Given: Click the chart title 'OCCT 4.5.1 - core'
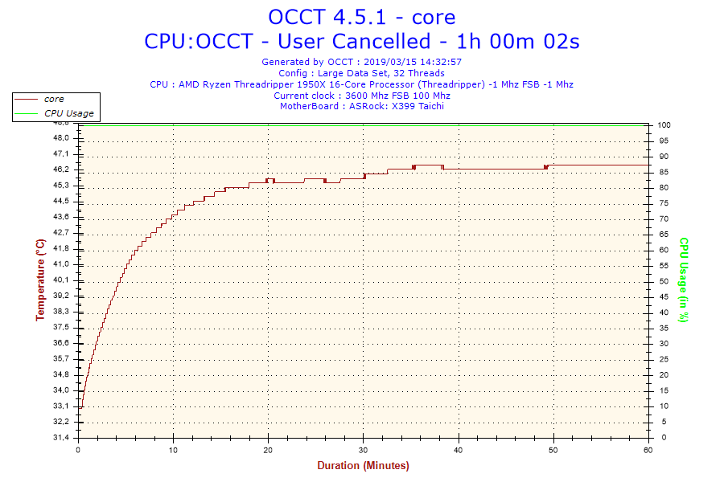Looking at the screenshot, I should point(361,17).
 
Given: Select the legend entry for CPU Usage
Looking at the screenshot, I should point(68,113).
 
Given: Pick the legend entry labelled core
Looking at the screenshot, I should point(54,99).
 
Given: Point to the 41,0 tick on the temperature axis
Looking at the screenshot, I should point(61,264).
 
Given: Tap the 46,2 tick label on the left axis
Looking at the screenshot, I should point(61,170).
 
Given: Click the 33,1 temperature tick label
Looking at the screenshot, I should point(61,406).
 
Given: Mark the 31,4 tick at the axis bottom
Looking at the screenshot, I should point(61,438).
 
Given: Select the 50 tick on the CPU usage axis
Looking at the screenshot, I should point(663,281).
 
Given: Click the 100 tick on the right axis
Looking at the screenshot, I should point(665,125).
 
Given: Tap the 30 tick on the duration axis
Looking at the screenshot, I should point(364,449).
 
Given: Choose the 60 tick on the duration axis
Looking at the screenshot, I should point(648,449).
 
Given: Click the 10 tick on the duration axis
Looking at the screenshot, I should point(174,449).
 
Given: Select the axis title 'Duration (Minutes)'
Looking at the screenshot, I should point(363,465).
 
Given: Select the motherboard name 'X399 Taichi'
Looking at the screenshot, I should point(418,105).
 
